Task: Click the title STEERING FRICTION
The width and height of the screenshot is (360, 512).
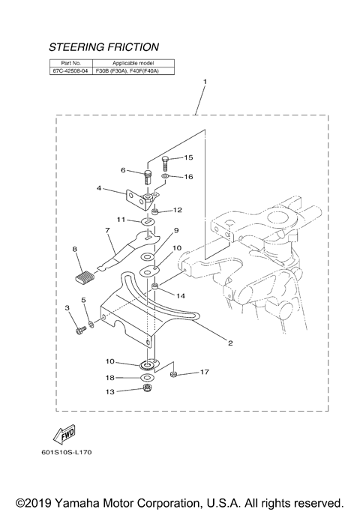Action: [103, 47]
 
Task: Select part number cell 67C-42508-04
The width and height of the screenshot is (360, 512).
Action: [71, 72]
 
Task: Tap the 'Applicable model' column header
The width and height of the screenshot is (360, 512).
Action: [131, 63]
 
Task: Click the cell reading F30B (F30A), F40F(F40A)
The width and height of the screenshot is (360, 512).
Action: [131, 72]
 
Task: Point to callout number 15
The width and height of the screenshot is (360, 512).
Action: [188, 157]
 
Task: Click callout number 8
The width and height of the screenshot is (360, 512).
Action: [74, 248]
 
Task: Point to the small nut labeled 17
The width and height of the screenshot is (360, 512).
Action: [172, 373]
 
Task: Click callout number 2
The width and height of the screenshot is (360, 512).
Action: [230, 343]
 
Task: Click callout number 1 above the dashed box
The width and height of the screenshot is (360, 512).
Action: [205, 80]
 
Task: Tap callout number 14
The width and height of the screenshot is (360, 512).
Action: [181, 296]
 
